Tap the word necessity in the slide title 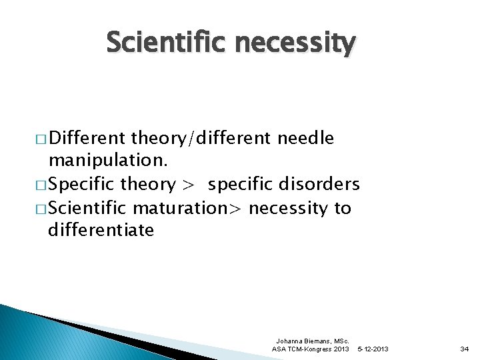tap(295, 44)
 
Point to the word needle tap(305, 138)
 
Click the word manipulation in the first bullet tap(99, 161)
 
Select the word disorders tap(323, 184)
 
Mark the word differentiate tap(101, 231)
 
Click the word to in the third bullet tap(342, 208)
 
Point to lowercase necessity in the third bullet tap(289, 208)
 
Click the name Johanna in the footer tap(291, 341)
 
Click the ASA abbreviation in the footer tap(280, 349)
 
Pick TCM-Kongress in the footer tap(311, 349)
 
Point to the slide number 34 tap(465, 349)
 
